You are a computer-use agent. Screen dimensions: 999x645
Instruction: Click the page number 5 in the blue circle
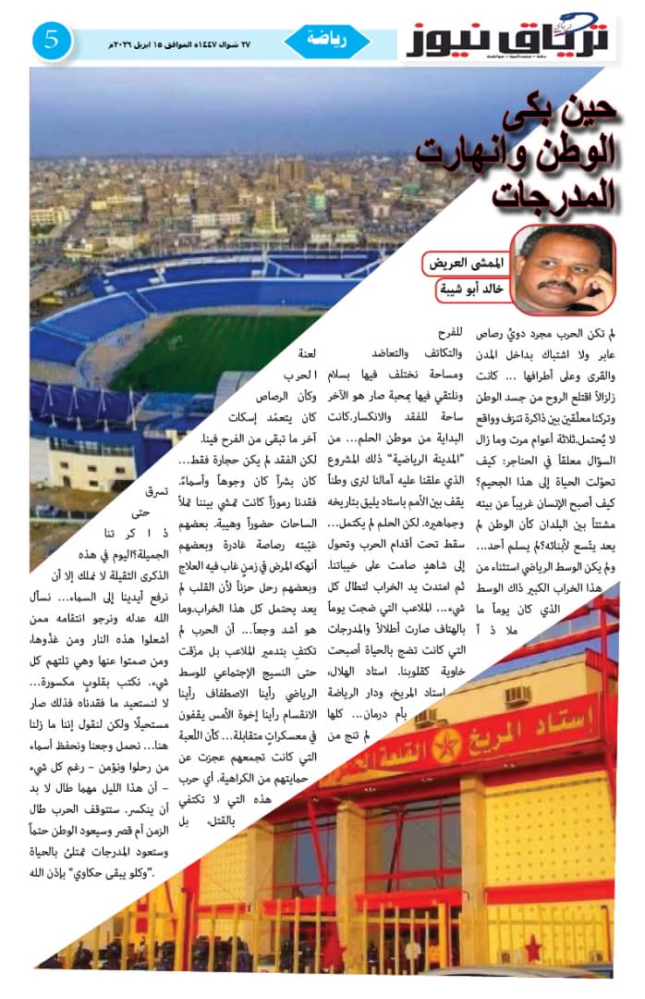(x=53, y=41)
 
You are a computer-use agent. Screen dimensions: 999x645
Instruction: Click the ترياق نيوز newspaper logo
(x=505, y=39)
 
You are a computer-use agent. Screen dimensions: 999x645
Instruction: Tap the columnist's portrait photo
(x=563, y=269)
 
